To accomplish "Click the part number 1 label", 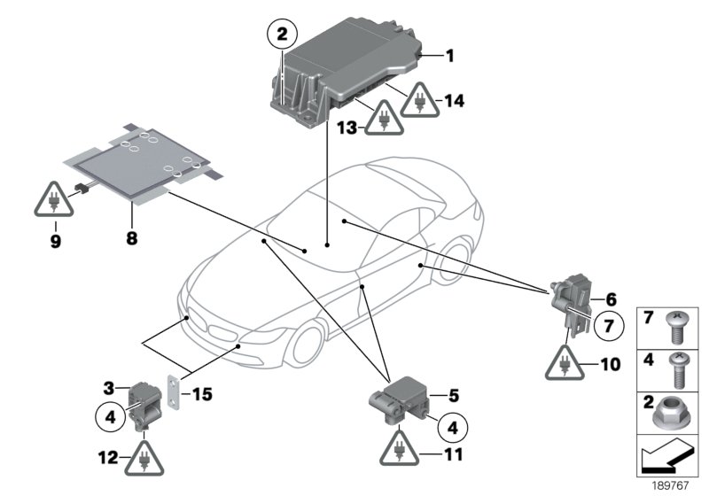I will (x=449, y=57).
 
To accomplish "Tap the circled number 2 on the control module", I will (x=282, y=36).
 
